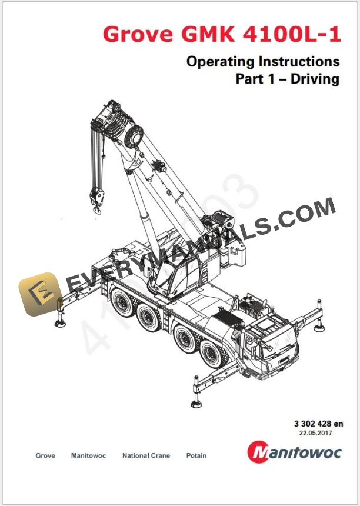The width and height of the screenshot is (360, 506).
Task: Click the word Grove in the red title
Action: coord(138,34)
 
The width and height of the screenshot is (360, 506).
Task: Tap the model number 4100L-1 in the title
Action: coord(292,34)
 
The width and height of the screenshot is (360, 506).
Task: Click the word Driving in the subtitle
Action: coord(315,79)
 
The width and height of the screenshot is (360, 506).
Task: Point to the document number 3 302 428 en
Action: coord(318,424)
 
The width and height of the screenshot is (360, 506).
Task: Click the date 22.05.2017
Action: coord(315,433)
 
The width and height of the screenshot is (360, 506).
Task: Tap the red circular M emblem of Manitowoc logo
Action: coord(258,452)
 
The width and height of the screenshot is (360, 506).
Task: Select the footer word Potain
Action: coord(196,455)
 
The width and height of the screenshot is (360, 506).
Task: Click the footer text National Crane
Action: coord(146,455)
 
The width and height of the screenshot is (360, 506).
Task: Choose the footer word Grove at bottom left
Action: coord(45,455)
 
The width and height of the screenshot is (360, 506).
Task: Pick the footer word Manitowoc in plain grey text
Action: coord(88,455)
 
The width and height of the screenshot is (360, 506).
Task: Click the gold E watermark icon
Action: coord(39,294)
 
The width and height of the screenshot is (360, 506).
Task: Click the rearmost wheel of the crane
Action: coord(121,303)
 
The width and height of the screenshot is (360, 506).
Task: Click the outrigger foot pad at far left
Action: coord(60,323)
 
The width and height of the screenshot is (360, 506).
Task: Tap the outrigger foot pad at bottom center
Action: coord(196,404)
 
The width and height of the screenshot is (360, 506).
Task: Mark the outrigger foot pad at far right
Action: coord(319,328)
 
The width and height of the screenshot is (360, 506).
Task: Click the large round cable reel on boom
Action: coord(134,136)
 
